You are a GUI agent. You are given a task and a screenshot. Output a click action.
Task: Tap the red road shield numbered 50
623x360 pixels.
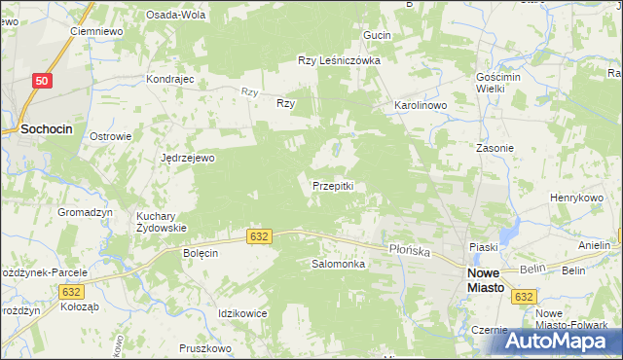pos(40,83)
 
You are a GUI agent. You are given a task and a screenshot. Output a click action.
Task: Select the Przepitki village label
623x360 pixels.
pos(338,186)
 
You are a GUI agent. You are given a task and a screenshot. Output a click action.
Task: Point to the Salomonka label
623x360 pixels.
pos(338,264)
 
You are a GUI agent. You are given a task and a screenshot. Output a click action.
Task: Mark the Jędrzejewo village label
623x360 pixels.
pos(188,157)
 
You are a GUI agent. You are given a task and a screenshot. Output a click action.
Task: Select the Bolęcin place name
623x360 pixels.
pos(201,252)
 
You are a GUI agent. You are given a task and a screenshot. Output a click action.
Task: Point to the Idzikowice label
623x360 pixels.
pos(243,312)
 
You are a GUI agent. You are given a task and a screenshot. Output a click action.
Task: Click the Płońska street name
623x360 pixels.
pos(410,250)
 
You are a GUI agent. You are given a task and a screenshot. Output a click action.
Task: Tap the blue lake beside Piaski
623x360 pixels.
pos(507,234)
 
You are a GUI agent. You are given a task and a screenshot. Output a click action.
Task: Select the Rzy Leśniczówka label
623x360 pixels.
pos(338,60)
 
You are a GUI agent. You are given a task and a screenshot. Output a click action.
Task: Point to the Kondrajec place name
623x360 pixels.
pos(170,79)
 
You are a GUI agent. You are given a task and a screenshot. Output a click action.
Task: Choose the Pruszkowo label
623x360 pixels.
pos(204,347)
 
